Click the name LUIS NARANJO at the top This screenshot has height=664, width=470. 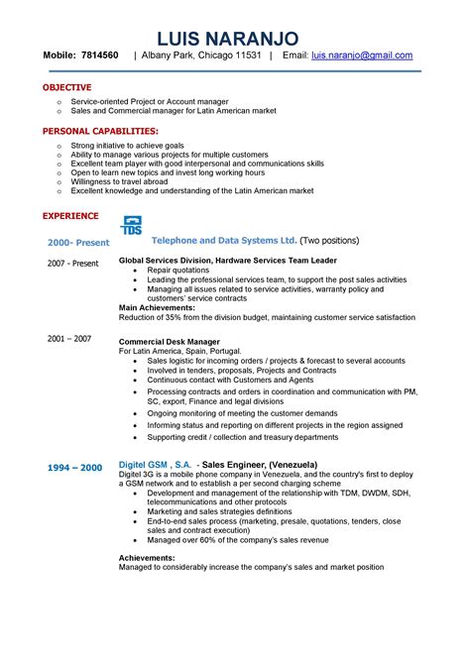235,38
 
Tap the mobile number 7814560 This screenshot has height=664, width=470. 100,56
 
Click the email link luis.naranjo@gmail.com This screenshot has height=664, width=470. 362,56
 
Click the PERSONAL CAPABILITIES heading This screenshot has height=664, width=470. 100,131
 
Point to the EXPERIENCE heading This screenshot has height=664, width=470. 70,215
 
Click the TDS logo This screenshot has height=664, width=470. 131,225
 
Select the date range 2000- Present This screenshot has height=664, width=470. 79,242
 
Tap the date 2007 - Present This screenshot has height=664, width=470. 73,263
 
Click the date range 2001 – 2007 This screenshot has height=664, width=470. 69,338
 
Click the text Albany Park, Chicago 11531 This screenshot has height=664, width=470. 201,56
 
